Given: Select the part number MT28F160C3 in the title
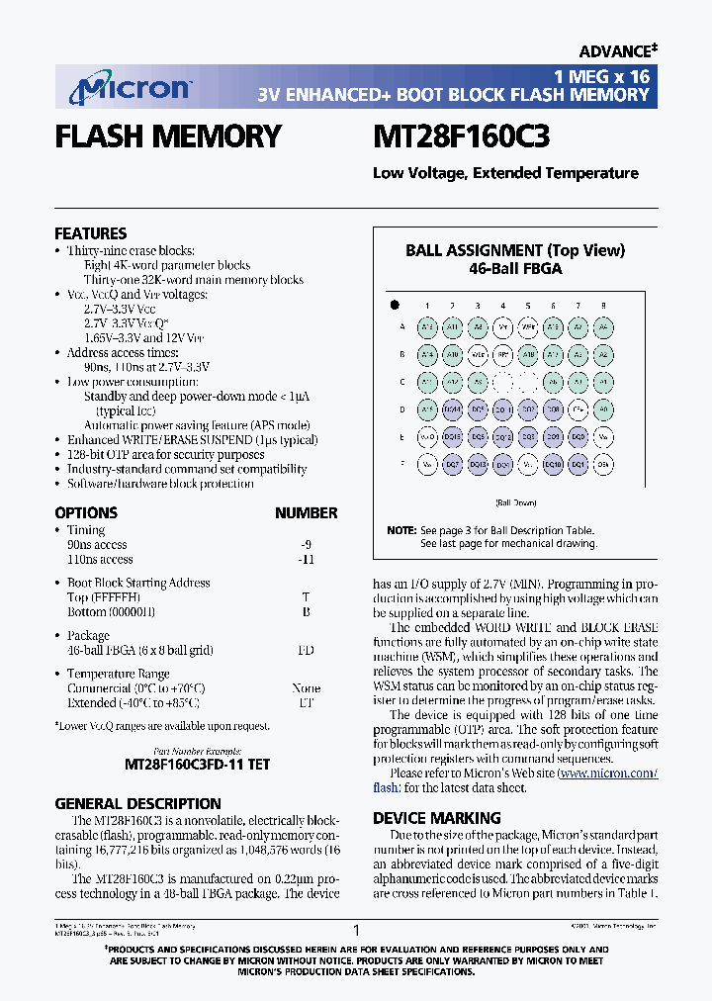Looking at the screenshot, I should point(461,136).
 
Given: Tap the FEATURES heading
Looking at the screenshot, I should point(90,233).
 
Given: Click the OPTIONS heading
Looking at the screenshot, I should point(86,512).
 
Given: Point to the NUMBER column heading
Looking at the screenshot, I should point(306,512).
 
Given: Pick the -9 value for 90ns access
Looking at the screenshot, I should point(306,544).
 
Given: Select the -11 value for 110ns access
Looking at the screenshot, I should point(306,559).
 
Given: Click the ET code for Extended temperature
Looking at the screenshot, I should point(306,702).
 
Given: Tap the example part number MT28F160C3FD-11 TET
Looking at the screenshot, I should point(197,765).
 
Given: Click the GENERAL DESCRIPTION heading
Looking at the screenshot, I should point(137,804).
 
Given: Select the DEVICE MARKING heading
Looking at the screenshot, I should point(436,818).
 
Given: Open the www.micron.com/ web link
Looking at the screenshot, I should point(608,773).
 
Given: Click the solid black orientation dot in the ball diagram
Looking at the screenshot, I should point(394,305).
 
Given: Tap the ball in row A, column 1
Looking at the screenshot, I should point(427,326).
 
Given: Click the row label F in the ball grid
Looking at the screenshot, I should point(401,463).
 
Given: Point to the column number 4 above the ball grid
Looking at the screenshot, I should point(502,306).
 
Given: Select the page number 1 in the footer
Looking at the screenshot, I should point(356,930).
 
